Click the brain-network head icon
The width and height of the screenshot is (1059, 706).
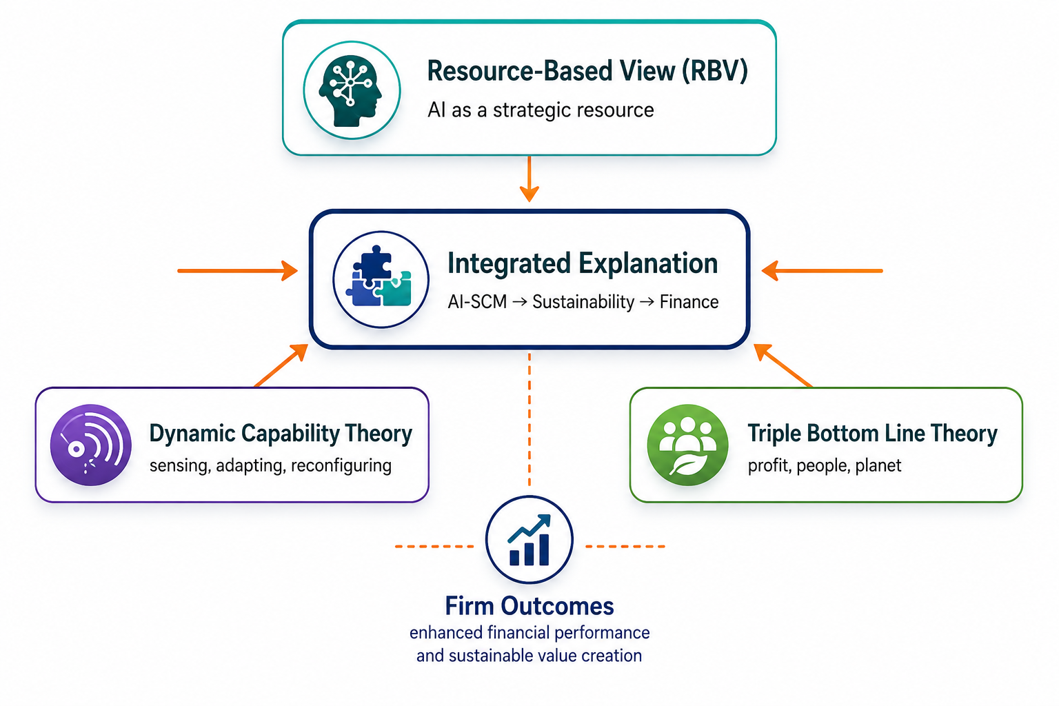[x=352, y=90]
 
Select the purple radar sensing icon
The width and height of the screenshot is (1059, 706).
[x=91, y=445]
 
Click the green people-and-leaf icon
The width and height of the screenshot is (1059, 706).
[x=687, y=445]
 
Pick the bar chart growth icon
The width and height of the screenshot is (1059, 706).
[x=529, y=540]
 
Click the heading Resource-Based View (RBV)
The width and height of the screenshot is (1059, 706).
[x=587, y=71]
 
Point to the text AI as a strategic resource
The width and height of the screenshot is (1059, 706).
[x=541, y=110]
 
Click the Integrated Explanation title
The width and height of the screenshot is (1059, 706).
[x=583, y=263]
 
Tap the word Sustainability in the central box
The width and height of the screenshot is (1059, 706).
[x=583, y=302]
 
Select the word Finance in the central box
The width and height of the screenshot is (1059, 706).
[x=689, y=302]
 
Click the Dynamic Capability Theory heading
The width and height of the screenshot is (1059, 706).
[x=281, y=433]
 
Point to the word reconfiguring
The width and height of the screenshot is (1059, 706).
[x=341, y=466]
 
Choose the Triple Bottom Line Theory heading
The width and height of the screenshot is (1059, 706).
[x=872, y=433]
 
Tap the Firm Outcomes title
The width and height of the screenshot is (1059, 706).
[x=529, y=606]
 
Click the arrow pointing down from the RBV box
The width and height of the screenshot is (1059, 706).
[x=529, y=179]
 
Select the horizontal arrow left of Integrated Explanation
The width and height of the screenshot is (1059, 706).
[x=238, y=271]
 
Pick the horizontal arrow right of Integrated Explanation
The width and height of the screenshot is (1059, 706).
[x=822, y=271]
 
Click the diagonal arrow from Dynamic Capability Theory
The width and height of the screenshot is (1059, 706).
[x=281, y=365]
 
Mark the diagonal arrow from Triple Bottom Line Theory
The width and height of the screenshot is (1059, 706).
[x=783, y=365]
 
